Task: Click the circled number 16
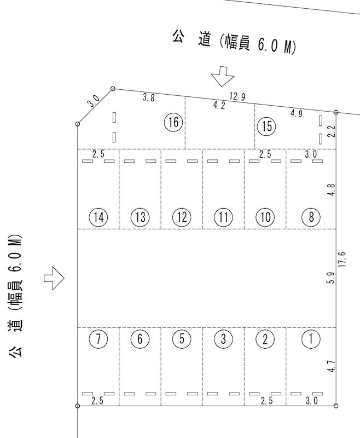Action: pos(173,122)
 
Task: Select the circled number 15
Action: pos(266,126)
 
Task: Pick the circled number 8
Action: pos(311,217)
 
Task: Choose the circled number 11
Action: pos(223,217)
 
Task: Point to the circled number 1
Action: pos(311,339)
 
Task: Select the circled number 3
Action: pos(223,339)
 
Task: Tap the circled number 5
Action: pos(182,339)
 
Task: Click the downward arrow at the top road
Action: pos(223,76)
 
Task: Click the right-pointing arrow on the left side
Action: pos(54,278)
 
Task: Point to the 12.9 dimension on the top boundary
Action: pos(237,96)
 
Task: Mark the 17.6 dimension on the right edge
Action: pos(342,259)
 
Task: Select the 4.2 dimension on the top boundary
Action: pos(219,105)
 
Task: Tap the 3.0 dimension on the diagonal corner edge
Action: pos(93,101)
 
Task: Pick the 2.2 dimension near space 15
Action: pos(330,131)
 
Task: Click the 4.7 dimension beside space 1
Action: pos(331,366)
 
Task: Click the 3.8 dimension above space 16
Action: pos(148,97)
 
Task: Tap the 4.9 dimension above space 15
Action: pos(297,113)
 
